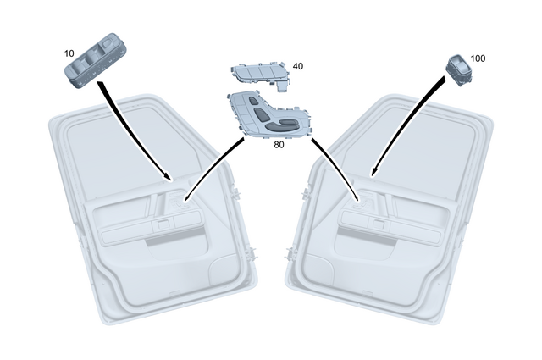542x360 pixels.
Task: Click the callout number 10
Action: (x=69, y=53)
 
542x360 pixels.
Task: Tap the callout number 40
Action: (x=297, y=65)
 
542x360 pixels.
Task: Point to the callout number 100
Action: (x=478, y=58)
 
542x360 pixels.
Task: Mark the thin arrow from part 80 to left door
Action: (x=212, y=169)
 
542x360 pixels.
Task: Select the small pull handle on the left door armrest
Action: (x=158, y=225)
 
